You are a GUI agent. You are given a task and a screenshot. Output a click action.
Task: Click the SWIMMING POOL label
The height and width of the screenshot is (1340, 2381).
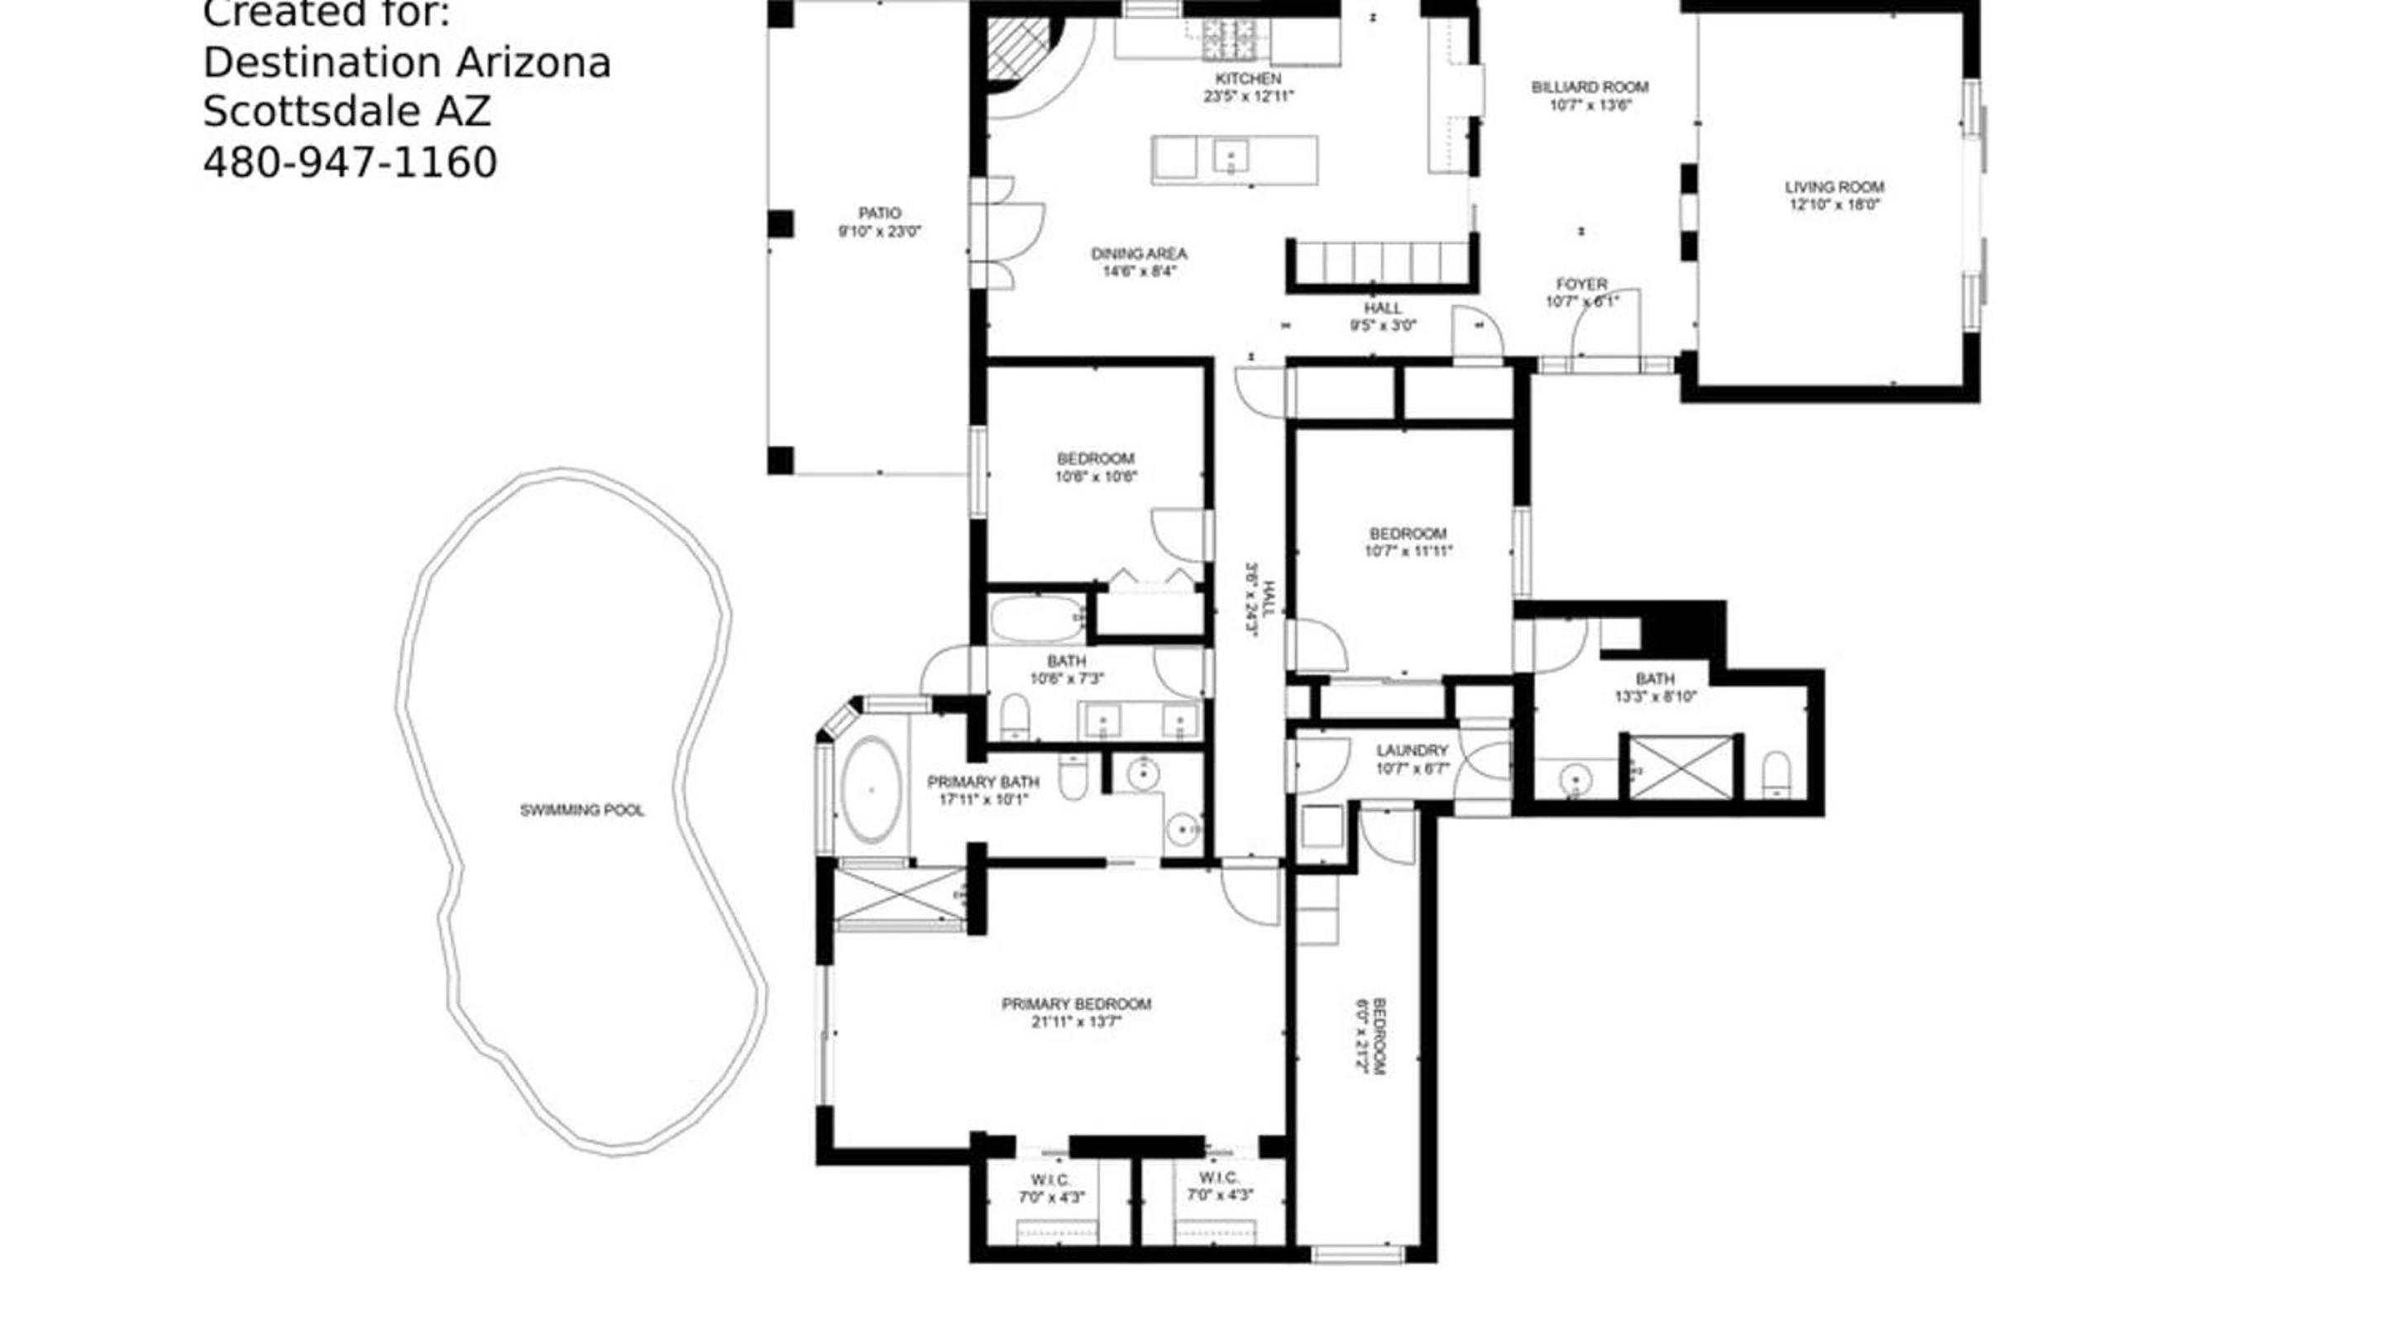coord(582,811)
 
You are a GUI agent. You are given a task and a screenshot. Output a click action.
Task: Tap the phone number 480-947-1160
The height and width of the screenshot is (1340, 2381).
coord(351,163)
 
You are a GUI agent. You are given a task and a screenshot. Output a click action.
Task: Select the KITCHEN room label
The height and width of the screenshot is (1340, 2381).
coord(1248,79)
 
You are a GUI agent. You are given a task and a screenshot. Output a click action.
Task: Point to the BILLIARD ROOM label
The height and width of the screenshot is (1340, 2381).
coord(1590,87)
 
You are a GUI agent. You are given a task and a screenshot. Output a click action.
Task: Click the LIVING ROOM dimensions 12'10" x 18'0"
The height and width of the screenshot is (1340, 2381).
coord(1834,204)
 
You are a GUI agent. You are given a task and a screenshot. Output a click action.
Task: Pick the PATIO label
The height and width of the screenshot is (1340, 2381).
coord(879,213)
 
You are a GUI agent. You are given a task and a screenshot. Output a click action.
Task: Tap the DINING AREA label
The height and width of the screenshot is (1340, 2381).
coord(1139,253)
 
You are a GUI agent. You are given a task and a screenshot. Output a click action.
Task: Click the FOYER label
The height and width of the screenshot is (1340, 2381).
coord(1581,284)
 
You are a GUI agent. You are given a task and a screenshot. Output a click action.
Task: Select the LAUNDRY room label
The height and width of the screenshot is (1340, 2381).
coord(1412,750)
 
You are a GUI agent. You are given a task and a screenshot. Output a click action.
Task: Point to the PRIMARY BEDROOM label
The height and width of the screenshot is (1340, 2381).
coord(1077,1003)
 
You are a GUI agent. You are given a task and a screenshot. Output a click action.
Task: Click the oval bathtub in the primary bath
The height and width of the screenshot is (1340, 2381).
coord(871,789)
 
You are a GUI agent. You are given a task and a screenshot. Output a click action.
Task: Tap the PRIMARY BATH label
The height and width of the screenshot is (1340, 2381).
coord(983,782)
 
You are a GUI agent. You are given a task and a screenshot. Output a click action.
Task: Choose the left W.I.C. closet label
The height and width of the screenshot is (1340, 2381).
coord(1051,1180)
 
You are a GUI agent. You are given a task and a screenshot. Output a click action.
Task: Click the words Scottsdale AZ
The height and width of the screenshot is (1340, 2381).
coord(347,112)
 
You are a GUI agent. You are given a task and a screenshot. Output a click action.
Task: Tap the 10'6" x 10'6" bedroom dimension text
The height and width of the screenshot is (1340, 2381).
coord(1097,476)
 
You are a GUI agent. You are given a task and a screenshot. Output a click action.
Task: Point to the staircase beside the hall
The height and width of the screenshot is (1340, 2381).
coord(1382,262)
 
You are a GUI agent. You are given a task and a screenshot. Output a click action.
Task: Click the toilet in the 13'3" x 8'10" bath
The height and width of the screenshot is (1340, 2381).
coord(1776,774)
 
